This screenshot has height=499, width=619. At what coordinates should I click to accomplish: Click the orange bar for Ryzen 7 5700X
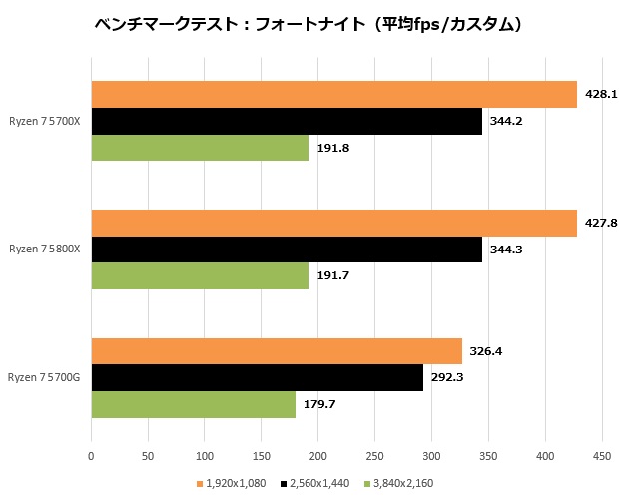(333, 94)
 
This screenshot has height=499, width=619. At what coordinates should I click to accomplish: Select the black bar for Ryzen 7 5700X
(287, 121)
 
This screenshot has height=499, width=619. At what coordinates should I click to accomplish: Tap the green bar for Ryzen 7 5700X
(200, 148)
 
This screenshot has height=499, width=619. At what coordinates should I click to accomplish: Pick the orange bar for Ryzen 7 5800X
(333, 223)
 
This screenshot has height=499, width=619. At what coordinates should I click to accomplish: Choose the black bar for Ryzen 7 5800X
(287, 249)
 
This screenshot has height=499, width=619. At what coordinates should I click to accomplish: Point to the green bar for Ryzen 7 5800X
(200, 275)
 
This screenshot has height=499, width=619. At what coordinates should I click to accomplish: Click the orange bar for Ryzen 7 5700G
(277, 351)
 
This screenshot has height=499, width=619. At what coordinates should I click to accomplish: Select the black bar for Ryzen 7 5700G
(257, 377)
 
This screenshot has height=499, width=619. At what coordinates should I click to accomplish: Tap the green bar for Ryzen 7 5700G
(193, 404)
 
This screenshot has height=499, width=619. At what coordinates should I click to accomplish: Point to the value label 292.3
(445, 378)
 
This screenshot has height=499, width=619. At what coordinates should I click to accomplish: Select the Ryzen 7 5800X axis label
(45, 249)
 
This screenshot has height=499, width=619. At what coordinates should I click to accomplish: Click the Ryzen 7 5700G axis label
(45, 377)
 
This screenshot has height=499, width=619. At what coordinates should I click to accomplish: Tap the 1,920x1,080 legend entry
(235, 483)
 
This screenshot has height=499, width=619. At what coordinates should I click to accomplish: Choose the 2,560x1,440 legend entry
(316, 483)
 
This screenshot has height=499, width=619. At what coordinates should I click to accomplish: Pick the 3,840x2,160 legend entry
(399, 483)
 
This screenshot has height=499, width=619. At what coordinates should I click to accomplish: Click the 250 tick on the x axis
(375, 457)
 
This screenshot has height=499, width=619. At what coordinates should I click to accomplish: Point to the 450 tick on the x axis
(602, 457)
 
